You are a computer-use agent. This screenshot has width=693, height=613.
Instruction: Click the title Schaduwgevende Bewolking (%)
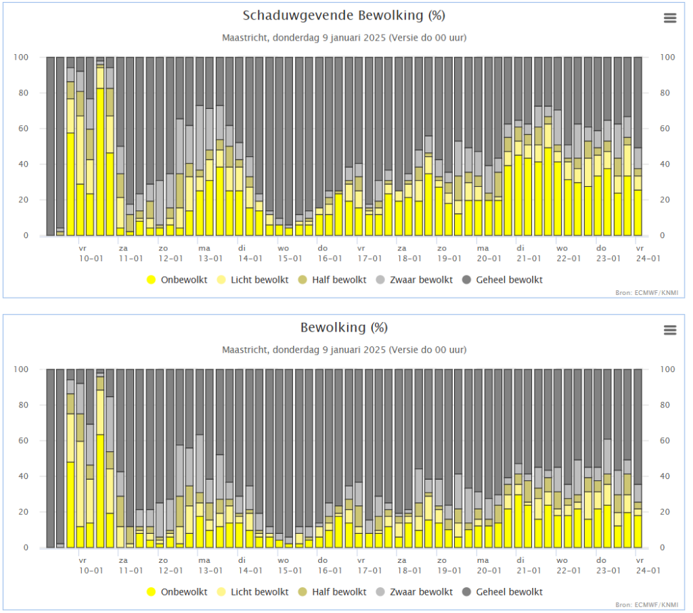coord(344,16)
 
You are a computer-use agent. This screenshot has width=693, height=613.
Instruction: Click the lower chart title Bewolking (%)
coord(344,327)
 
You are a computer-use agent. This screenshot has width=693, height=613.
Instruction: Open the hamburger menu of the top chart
coord(670,18)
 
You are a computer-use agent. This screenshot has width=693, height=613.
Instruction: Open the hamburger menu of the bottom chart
coord(670,330)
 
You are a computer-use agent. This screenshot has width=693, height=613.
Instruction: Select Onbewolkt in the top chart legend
coord(177,279)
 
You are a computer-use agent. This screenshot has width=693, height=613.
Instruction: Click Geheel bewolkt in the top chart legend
coord(502,279)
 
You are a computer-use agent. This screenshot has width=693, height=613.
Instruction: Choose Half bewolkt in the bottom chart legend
coord(332,592)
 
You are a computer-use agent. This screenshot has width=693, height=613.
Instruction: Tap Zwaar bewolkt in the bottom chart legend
coord(414,592)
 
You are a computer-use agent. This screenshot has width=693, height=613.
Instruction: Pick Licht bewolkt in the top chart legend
coord(253,279)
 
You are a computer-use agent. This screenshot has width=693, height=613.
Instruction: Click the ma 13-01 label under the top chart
coord(210,253)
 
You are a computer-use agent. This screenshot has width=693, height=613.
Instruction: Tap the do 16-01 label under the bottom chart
coord(330,565)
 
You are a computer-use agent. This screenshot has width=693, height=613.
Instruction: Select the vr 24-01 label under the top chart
coord(648,253)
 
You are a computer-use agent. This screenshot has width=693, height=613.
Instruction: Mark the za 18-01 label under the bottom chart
coord(409,565)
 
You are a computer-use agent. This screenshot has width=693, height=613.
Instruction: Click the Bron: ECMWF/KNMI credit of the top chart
coord(646,292)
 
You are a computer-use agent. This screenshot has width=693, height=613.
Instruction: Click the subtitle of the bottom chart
coord(344,350)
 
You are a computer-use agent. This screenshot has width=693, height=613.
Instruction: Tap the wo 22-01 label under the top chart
coord(568,253)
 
